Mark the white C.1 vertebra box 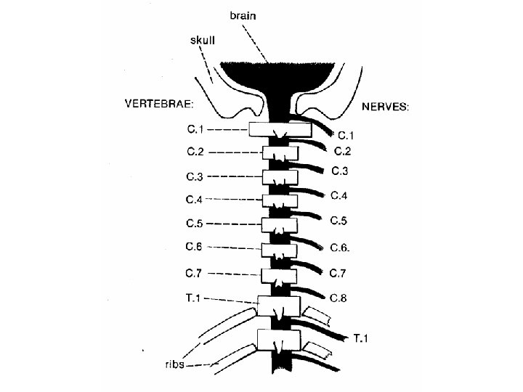pyautogui.click(x=280, y=130)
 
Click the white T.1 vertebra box pyautogui.click(x=278, y=305)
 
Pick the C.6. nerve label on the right pyautogui.click(x=341, y=248)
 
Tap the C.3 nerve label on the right pyautogui.click(x=341, y=171)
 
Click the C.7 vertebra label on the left pyautogui.click(x=195, y=274)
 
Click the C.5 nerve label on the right pyautogui.click(x=340, y=221)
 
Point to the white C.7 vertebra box pyautogui.click(x=278, y=274)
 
